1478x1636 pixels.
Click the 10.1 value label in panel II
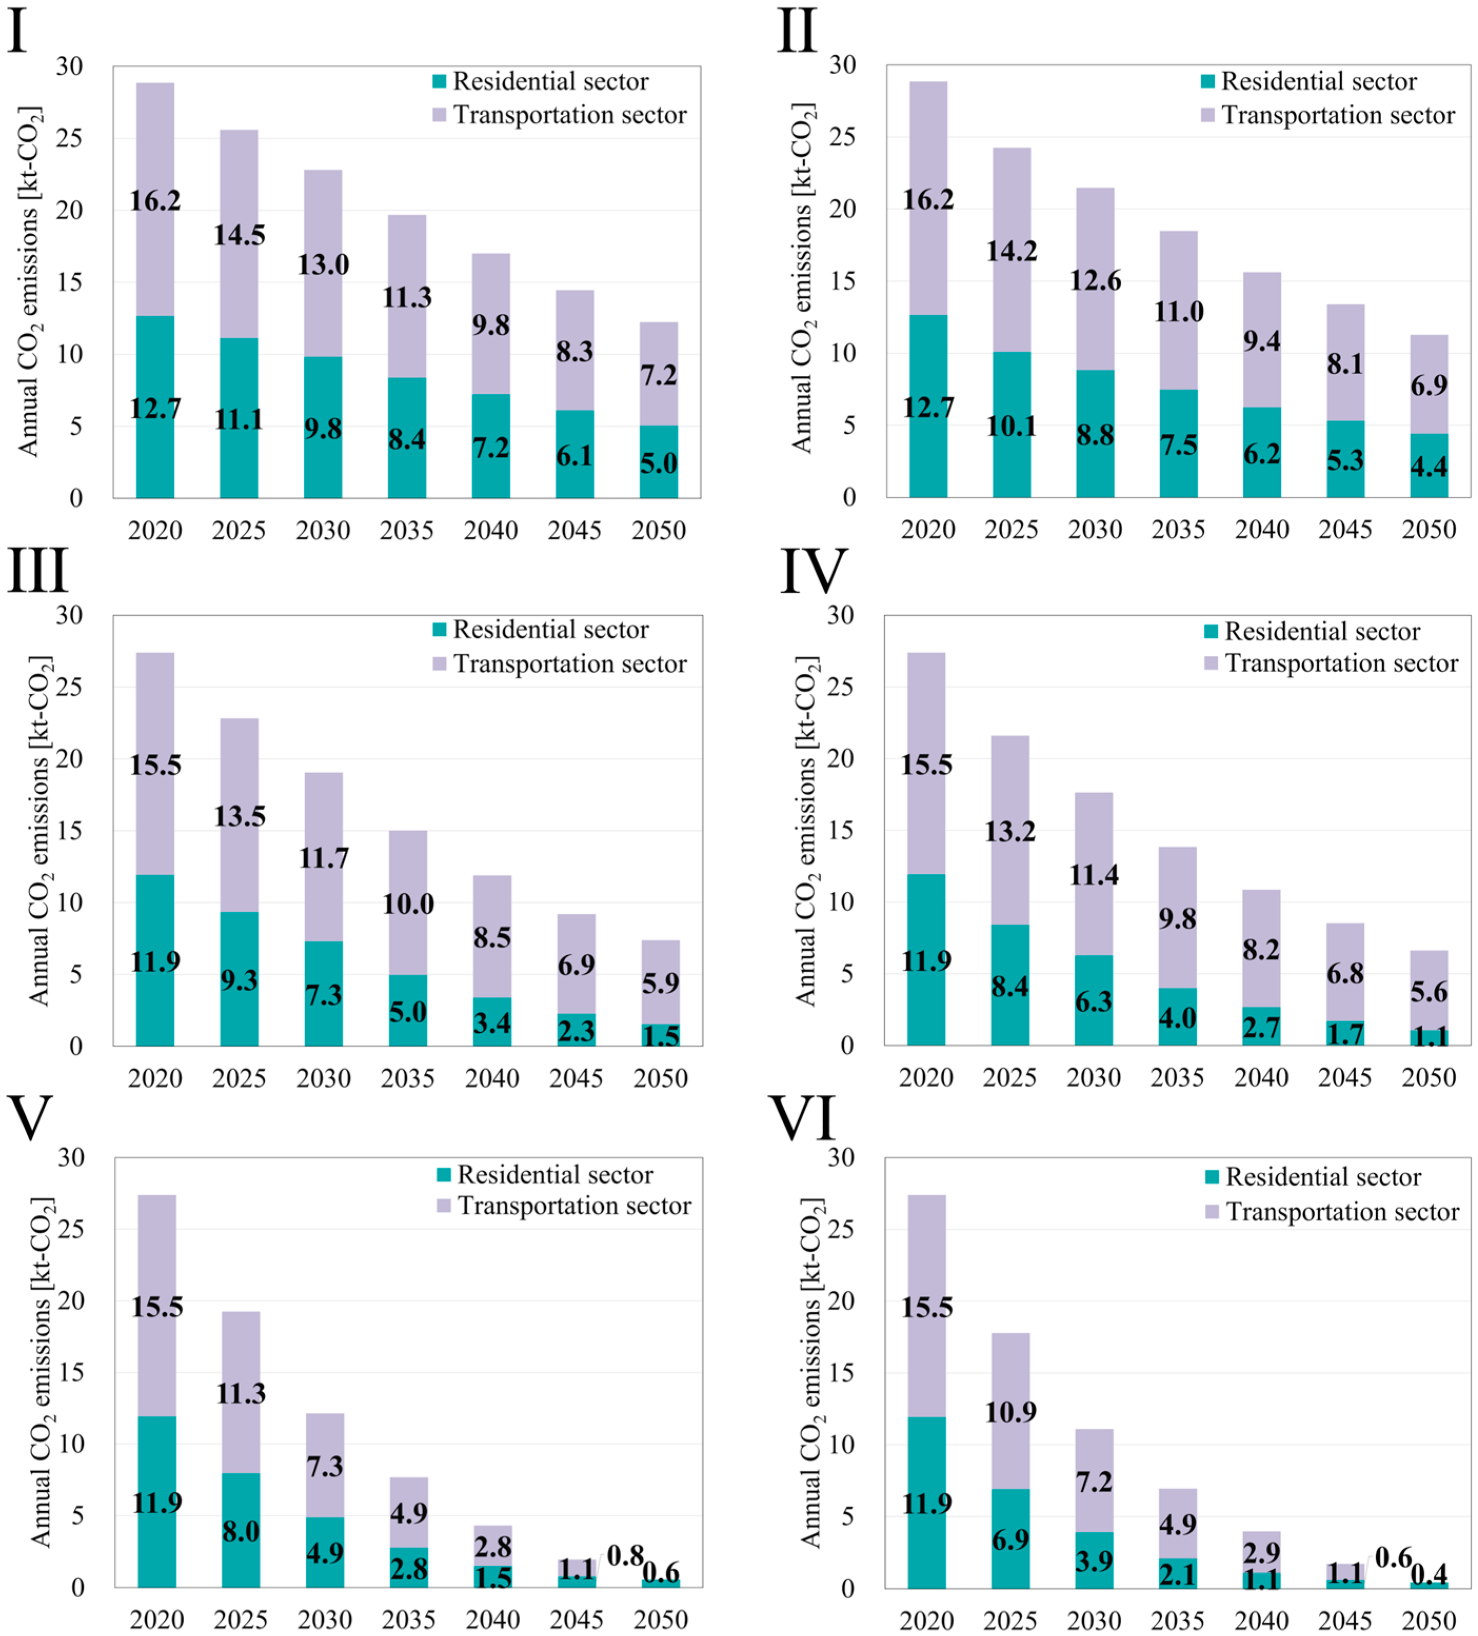pos(1011,426)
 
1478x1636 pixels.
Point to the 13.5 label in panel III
pos(239,815)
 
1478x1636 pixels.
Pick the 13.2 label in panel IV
pos(1010,831)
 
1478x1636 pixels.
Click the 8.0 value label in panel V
pos(241,1531)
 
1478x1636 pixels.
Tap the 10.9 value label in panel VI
pos(1011,1412)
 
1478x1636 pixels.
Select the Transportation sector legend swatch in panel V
pos(444,1206)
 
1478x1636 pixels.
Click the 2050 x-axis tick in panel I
pos(658,531)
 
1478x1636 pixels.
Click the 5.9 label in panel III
pos(661,983)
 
